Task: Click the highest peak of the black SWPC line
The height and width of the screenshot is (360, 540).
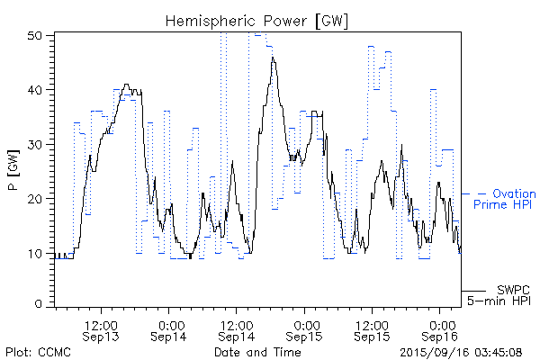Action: click(273, 58)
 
